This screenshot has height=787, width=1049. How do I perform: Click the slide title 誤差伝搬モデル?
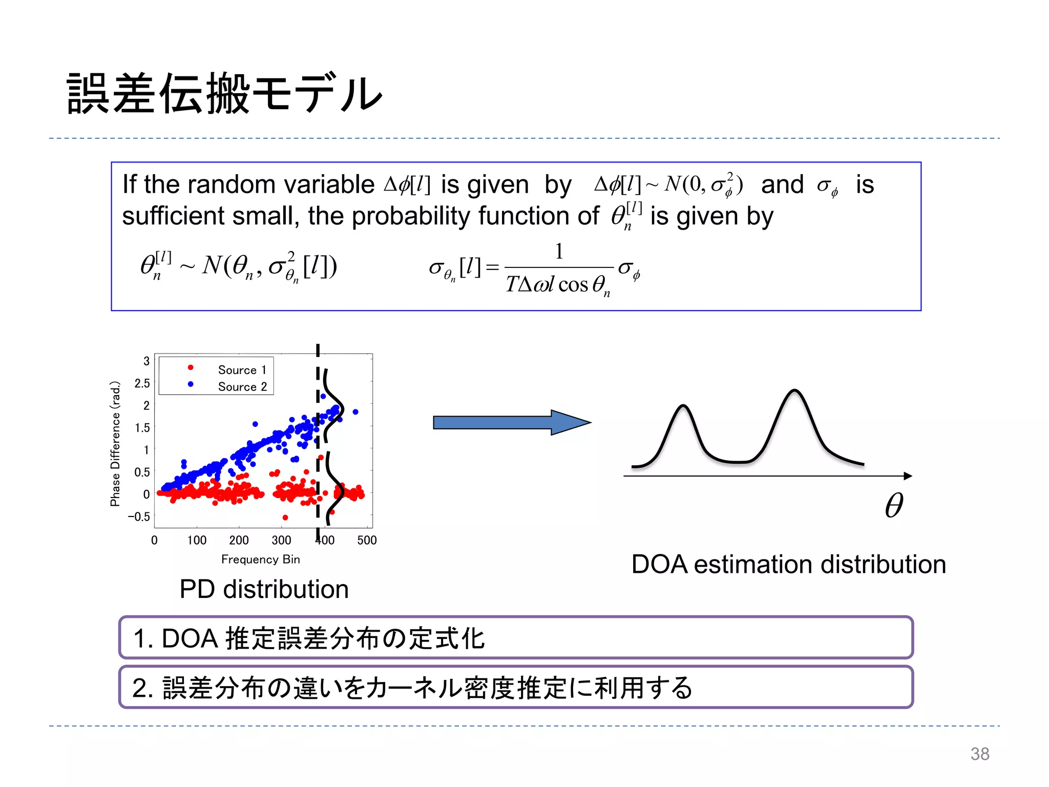224,93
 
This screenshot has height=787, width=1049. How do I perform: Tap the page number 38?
979,754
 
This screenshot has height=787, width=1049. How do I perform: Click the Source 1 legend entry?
242,370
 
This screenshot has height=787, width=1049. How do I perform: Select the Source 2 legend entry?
242,387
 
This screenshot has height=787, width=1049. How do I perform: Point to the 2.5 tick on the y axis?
142,383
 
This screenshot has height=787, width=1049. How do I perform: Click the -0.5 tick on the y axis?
139,516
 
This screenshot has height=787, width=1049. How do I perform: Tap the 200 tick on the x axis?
239,540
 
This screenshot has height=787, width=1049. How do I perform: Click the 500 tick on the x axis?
367,540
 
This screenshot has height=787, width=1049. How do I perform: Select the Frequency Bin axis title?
260,559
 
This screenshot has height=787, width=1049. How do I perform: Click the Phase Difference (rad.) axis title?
115,444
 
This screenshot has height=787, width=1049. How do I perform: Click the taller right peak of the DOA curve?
794,391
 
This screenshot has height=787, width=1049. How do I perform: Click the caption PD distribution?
264,589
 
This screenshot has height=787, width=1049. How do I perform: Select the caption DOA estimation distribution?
788,565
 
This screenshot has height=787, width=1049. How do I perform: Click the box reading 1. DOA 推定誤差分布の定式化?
515,638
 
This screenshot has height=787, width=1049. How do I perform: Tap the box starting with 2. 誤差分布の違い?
515,688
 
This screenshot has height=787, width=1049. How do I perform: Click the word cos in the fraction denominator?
573,285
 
